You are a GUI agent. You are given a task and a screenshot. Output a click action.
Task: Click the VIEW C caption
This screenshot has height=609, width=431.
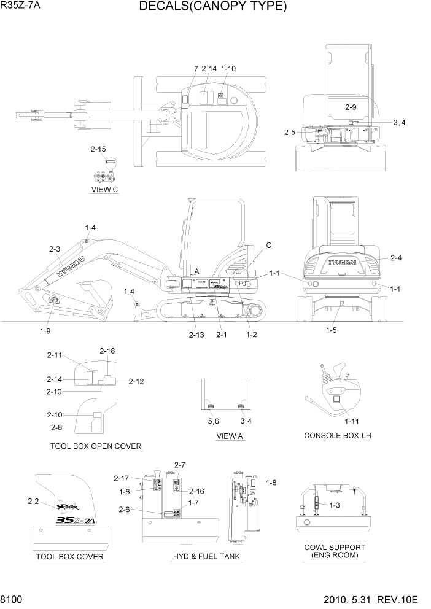104,189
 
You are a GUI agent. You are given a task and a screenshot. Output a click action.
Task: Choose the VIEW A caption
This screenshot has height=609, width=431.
230,436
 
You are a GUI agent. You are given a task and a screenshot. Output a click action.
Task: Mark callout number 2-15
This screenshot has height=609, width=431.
98,149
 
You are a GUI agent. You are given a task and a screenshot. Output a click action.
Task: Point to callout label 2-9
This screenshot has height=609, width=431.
351,107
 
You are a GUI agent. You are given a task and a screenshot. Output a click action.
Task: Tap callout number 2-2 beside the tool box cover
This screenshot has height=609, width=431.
34,502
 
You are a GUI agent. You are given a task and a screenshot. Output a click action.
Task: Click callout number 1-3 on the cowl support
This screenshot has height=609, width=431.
335,505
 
